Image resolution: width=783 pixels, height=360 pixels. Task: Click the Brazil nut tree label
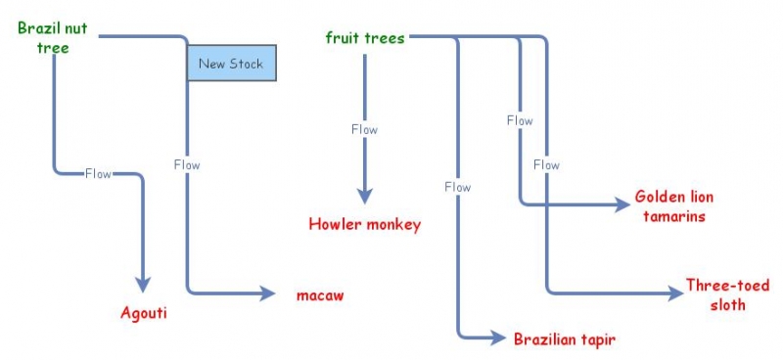point(53,37)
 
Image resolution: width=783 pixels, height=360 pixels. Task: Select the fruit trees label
point(364,38)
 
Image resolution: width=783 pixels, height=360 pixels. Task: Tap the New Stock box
point(231,65)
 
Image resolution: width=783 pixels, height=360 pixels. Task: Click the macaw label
point(320,293)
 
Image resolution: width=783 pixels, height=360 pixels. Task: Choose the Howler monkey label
point(364,224)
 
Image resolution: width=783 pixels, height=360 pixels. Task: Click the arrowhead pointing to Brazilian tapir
point(501,338)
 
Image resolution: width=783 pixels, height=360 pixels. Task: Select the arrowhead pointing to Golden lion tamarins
point(622,204)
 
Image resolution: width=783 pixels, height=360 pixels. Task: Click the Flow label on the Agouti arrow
point(98,174)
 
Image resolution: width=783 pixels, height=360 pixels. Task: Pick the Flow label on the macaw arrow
point(186,164)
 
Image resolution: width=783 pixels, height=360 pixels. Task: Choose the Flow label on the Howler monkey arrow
point(364,129)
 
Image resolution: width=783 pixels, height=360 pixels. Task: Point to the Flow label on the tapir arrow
point(457,187)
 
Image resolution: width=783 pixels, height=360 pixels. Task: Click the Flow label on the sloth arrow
point(546,164)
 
